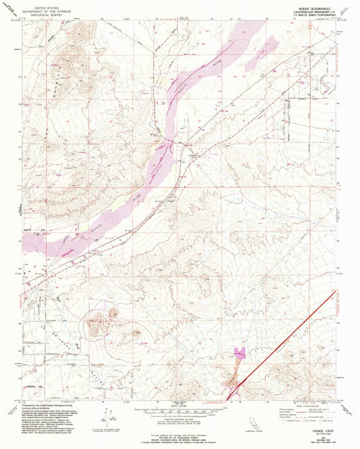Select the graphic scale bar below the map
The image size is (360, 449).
180,410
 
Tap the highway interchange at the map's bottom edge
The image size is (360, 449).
234,390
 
